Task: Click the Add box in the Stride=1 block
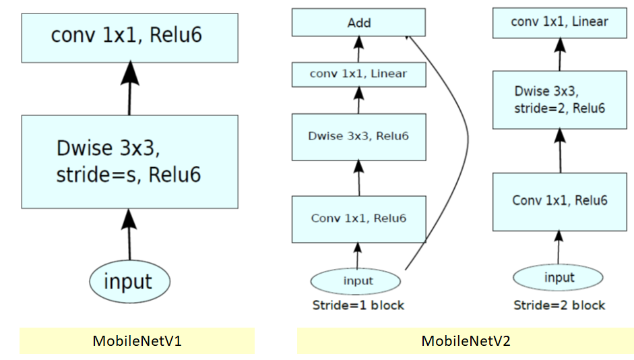click(358, 22)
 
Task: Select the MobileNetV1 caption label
click(137, 341)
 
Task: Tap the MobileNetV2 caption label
click(466, 341)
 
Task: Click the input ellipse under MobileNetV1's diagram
click(129, 281)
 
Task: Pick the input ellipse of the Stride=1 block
click(356, 280)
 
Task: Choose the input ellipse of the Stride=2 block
click(559, 277)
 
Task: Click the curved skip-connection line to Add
click(465, 135)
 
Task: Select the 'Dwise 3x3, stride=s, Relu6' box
click(129, 161)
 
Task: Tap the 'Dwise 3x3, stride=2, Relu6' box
click(560, 100)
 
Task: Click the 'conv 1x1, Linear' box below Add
click(358, 73)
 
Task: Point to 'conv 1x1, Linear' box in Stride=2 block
click(560, 22)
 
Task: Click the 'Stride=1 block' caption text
click(358, 305)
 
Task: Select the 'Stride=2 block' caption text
click(559, 305)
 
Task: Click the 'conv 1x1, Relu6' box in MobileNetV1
click(129, 36)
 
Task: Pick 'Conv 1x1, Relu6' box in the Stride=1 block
click(358, 218)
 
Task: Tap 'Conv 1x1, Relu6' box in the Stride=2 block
click(560, 201)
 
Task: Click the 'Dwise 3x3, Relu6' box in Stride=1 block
click(358, 136)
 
